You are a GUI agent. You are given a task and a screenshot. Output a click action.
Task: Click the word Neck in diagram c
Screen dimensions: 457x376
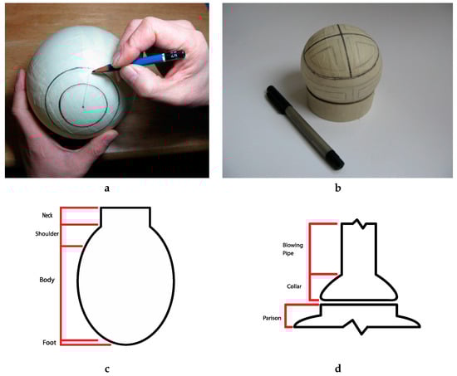click(x=47, y=216)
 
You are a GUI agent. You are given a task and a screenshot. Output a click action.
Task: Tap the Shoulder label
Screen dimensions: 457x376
click(x=47, y=234)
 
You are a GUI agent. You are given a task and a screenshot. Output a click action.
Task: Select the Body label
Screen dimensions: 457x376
click(x=47, y=280)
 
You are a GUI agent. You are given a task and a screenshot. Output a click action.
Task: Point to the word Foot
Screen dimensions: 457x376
click(x=49, y=343)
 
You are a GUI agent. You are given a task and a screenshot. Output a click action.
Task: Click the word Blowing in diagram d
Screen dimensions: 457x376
click(x=292, y=246)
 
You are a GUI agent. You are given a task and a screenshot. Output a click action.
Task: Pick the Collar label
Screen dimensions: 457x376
click(x=294, y=286)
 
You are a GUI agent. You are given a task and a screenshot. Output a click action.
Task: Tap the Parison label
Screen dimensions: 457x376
click(x=272, y=318)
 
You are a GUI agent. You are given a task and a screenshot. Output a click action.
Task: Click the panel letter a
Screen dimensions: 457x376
click(x=107, y=188)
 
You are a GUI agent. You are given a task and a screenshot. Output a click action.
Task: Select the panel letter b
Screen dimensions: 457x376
click(x=338, y=188)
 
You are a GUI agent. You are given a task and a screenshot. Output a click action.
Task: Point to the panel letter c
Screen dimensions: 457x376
click(x=107, y=369)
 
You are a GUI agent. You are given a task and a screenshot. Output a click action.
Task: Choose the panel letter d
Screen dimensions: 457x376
click(x=338, y=369)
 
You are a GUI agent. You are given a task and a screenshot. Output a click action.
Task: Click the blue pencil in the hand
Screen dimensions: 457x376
click(x=140, y=61)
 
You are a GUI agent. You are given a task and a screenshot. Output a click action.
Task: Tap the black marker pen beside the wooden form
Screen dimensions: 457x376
click(x=305, y=127)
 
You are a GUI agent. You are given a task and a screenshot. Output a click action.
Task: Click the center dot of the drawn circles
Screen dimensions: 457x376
click(x=83, y=107)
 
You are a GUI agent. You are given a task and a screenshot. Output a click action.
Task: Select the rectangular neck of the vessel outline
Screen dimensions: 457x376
click(x=125, y=217)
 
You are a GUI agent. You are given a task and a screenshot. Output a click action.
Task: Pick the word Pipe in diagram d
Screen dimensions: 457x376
click(x=288, y=254)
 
